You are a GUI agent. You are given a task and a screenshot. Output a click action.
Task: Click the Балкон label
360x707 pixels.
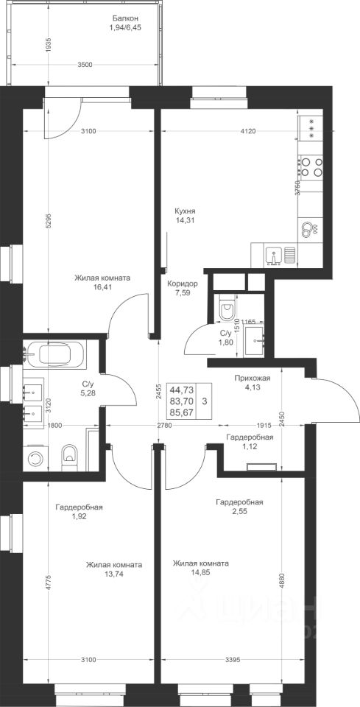125,18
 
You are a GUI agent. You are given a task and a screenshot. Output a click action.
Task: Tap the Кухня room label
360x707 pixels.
186,211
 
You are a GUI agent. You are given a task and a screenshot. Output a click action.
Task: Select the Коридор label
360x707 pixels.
183,284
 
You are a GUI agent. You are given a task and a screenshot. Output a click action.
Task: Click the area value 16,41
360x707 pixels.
102,286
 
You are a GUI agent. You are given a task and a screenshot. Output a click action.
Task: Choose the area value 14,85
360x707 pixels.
200,573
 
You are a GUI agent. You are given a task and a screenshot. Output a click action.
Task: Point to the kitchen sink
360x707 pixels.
273,256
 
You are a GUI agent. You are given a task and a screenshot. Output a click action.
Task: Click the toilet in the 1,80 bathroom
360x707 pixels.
226,308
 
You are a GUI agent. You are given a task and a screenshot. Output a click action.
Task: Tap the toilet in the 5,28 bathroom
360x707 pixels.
69,456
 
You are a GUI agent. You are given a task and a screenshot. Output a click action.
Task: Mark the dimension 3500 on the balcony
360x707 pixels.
85,65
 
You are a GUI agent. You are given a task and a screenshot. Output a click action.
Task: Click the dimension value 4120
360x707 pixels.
248,131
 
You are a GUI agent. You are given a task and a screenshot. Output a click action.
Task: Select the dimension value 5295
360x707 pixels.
49,220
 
